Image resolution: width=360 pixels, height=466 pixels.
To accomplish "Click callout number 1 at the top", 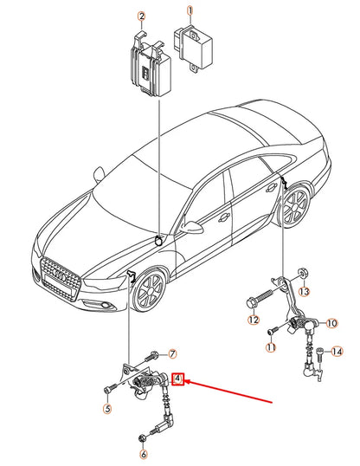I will [x=191, y=10].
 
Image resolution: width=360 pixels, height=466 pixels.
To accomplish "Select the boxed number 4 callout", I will [x=177, y=378].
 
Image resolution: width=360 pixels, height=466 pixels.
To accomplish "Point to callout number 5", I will [x=107, y=408].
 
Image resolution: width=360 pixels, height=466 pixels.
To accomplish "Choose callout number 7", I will [x=171, y=354].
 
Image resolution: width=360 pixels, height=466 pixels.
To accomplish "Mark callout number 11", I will [x=270, y=348].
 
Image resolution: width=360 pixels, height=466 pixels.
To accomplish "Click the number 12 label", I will [x=253, y=320].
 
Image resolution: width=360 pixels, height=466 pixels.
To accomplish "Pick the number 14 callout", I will [x=337, y=351].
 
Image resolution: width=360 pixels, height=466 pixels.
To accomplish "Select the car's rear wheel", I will [x=296, y=209].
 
